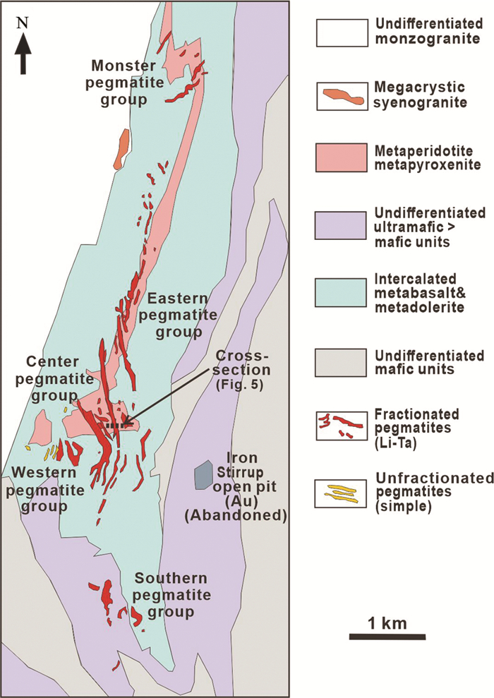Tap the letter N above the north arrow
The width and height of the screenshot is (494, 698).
pyautogui.click(x=23, y=23)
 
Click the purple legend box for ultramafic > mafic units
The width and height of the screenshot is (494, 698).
pyautogui.click(x=340, y=223)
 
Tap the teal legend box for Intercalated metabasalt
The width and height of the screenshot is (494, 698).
pyautogui.click(x=340, y=289)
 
